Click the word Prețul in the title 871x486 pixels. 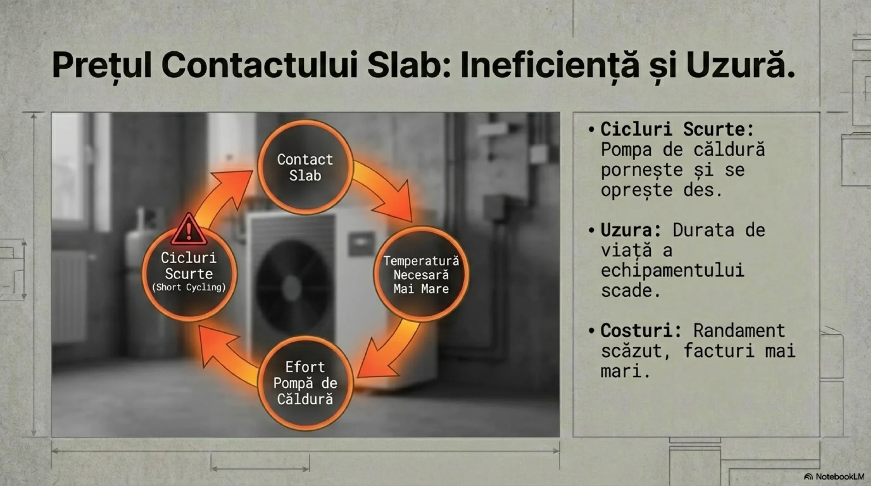(102, 65)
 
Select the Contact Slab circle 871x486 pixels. (305, 167)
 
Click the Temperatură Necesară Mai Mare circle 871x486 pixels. (421, 274)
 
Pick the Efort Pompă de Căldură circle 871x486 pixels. (305, 383)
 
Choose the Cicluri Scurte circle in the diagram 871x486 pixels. (189, 274)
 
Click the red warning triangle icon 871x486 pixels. (189, 229)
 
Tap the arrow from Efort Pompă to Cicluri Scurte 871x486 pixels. (225, 357)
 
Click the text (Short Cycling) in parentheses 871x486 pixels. (189, 288)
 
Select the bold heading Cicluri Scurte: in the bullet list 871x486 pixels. (677, 129)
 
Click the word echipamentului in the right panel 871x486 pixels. (672, 271)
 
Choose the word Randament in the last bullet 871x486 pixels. (739, 330)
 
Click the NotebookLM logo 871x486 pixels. (834, 477)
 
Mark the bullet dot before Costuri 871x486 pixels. (592, 331)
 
